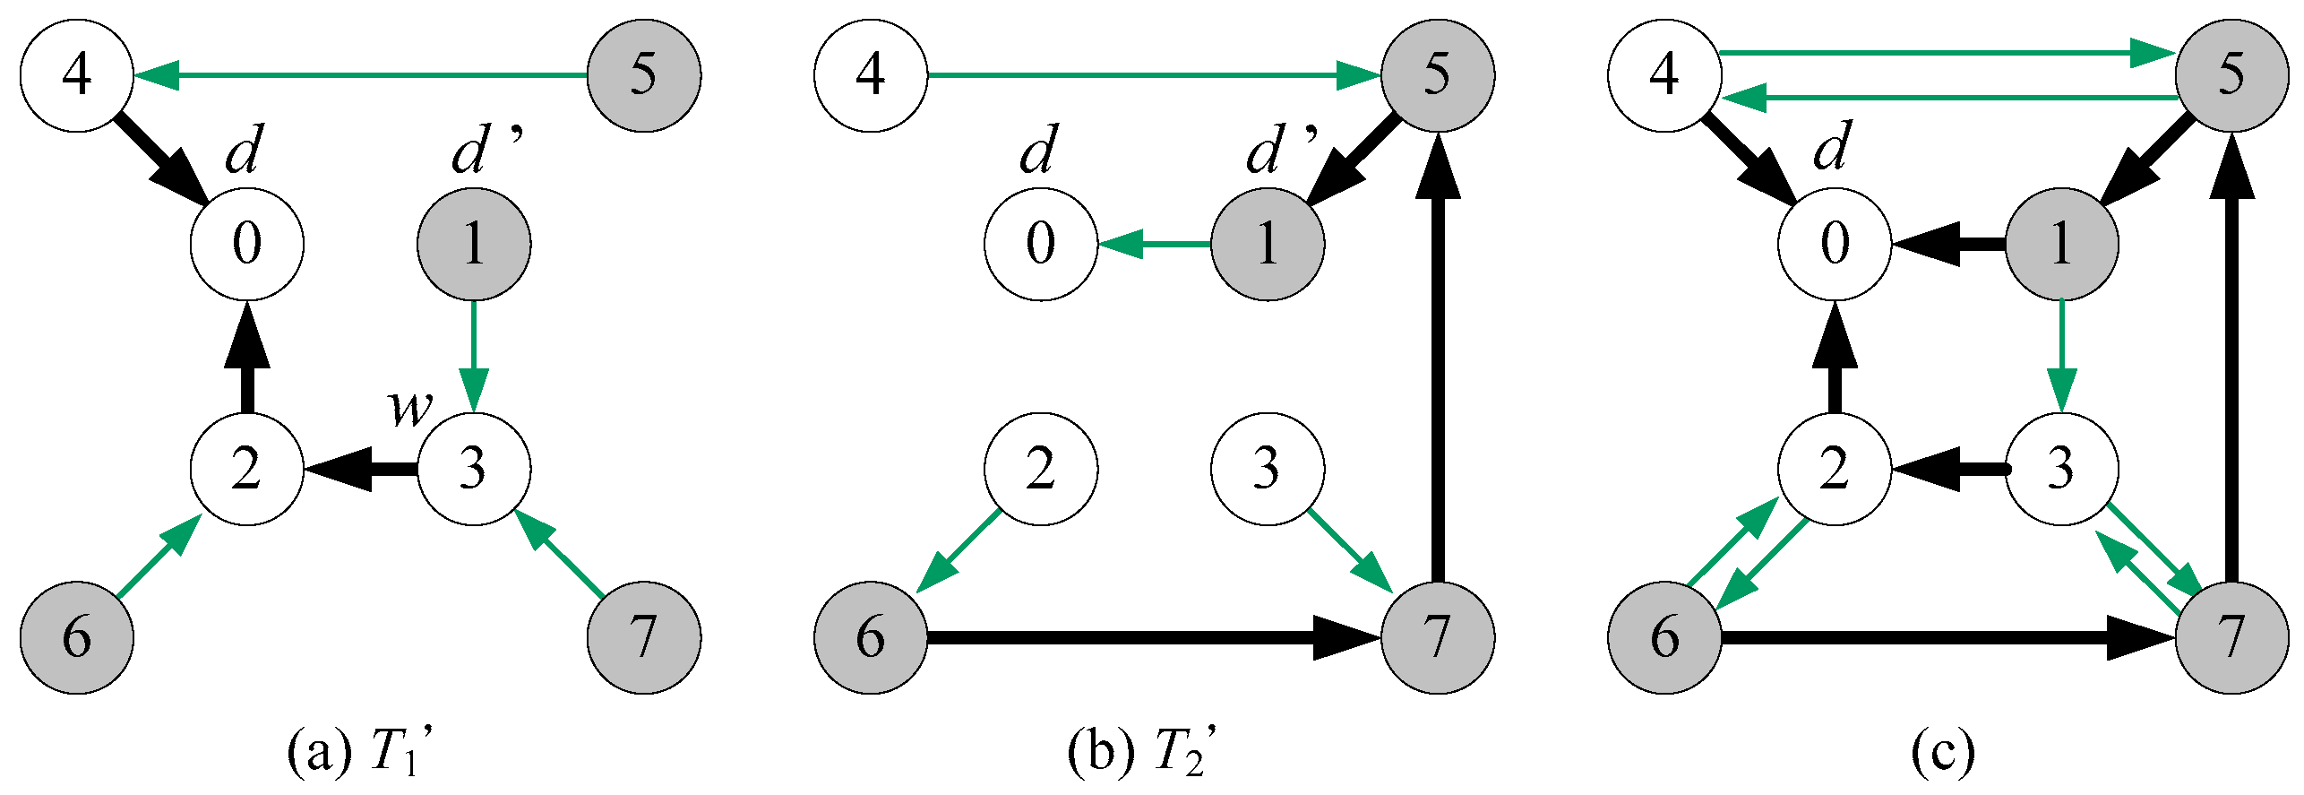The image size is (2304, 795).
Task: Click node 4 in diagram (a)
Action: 76,75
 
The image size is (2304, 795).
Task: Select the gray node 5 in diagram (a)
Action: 643,75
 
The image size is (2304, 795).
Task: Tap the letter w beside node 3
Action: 409,408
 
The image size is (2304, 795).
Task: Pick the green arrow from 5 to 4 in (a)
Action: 358,75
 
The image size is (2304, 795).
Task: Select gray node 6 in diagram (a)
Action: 76,637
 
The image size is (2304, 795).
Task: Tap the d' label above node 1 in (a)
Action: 485,151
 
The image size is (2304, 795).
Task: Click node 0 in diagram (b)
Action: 1040,243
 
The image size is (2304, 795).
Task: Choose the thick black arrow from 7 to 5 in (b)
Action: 1438,359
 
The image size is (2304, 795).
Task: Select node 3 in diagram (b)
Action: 1267,468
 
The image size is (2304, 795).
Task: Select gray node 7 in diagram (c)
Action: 2231,637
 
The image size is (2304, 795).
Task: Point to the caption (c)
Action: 1942,753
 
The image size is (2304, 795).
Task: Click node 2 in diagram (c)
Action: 1834,468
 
